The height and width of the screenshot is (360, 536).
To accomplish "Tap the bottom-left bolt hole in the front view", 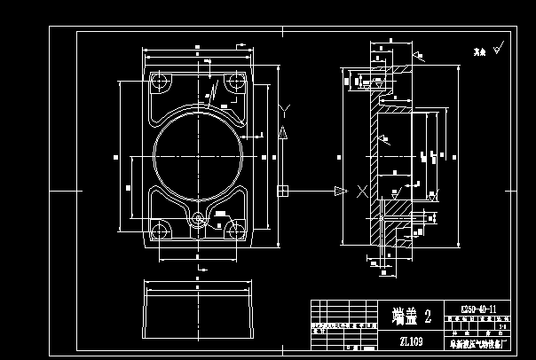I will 160,231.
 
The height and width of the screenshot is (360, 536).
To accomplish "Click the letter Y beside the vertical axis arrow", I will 283,109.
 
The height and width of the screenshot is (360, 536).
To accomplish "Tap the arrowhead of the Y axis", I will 283,132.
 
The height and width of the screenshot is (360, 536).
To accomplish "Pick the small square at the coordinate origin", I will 282,190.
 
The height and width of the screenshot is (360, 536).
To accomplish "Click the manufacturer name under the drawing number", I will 476,342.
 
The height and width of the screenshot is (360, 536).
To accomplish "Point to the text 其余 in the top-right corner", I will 477,51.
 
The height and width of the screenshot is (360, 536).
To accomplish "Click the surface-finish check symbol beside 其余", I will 499,49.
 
